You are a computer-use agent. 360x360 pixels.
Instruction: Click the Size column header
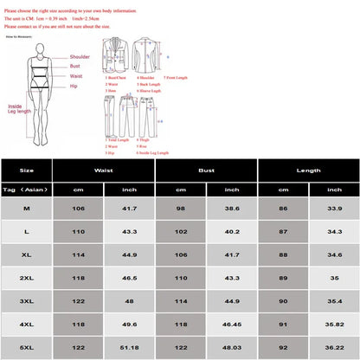pyautogui.click(x=27, y=170)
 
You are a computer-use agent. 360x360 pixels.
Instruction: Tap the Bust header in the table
pyautogui.click(x=206, y=170)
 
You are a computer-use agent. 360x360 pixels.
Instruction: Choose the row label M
pyautogui.click(x=27, y=209)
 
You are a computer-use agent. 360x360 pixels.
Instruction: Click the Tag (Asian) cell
pyautogui.click(x=27, y=188)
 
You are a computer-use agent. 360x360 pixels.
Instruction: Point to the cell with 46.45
pyautogui.click(x=231, y=324)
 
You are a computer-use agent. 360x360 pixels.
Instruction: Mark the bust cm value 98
pyautogui.click(x=181, y=209)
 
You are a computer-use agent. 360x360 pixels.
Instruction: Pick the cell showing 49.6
pyautogui.click(x=130, y=324)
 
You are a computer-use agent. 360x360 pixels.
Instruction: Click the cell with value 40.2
pyautogui.click(x=231, y=233)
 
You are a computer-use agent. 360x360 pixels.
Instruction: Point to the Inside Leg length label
pyautogui.click(x=19, y=108)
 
